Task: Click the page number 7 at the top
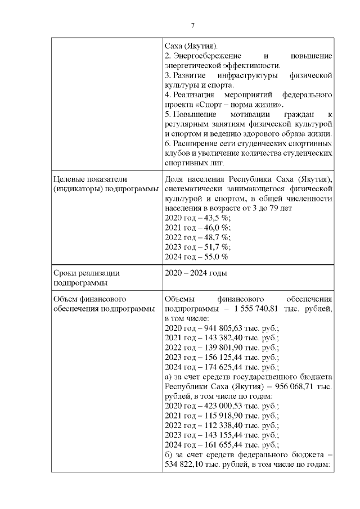coord(193,25)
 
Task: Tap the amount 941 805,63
coord(216,327)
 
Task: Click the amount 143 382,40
coord(216,337)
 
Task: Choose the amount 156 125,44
coord(216,357)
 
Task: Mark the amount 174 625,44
coord(216,366)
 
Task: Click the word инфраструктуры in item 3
coord(260,75)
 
